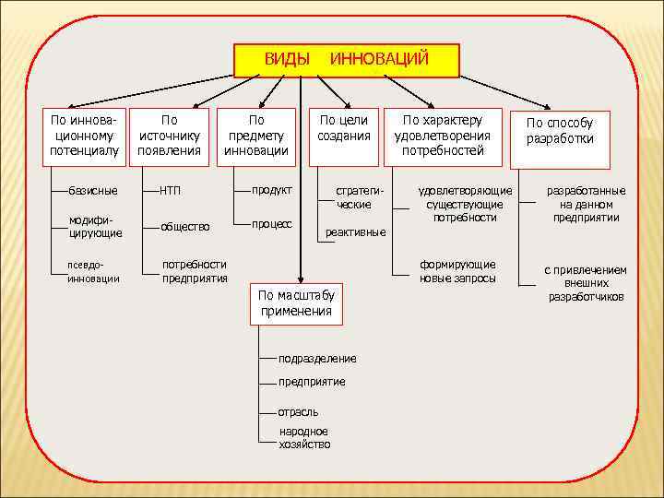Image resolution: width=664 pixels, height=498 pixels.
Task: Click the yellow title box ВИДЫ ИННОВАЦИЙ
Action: [x=346, y=60]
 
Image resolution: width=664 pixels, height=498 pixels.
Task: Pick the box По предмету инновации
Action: [x=256, y=136]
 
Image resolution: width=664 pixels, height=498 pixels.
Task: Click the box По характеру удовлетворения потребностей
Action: [x=443, y=136]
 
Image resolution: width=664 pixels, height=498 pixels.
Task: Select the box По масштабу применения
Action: [x=296, y=303]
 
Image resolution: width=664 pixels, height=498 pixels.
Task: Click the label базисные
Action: [x=92, y=191]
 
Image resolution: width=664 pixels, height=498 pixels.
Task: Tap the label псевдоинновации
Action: [x=93, y=272]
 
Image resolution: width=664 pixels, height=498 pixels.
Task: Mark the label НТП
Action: [x=170, y=191]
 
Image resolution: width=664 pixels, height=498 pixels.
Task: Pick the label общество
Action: [x=185, y=226]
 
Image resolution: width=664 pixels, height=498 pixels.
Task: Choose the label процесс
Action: [x=273, y=224]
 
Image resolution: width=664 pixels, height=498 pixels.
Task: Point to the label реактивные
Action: [x=355, y=232]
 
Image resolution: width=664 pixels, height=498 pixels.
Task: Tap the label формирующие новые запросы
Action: [x=457, y=271]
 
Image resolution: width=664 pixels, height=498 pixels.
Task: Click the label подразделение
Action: [x=316, y=358]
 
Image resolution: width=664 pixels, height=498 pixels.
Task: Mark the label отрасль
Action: [x=298, y=411]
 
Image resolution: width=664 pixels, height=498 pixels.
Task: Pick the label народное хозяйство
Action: [x=304, y=437]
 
